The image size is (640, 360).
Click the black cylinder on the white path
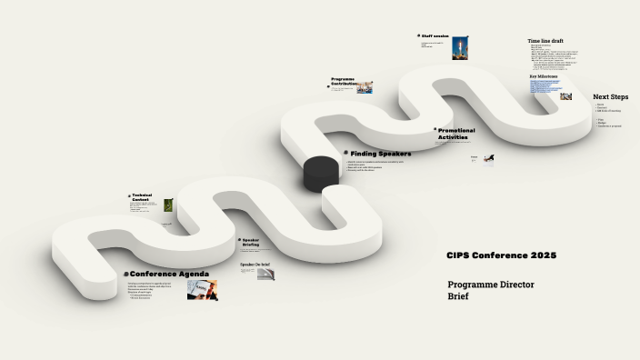tap(320, 173)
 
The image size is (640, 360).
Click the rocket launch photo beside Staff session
tap(460, 48)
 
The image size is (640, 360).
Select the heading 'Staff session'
tap(435, 36)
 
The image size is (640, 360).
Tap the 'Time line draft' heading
tap(545, 41)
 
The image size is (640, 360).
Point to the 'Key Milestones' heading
tap(545, 76)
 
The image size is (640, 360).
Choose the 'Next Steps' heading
tap(610, 96)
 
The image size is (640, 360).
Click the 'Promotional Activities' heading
tap(456, 134)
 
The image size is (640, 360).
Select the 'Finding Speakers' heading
tap(381, 154)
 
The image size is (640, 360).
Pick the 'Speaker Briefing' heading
tap(251, 243)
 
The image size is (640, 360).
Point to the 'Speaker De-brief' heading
tap(255, 265)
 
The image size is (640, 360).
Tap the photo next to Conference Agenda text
tap(202, 289)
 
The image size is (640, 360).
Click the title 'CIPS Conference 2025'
tap(501, 255)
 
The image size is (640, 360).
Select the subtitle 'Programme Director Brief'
tap(491, 290)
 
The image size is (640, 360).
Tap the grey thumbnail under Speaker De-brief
tap(265, 274)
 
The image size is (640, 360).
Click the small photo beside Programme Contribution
tap(365, 87)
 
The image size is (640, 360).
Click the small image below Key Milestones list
tap(565, 96)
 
